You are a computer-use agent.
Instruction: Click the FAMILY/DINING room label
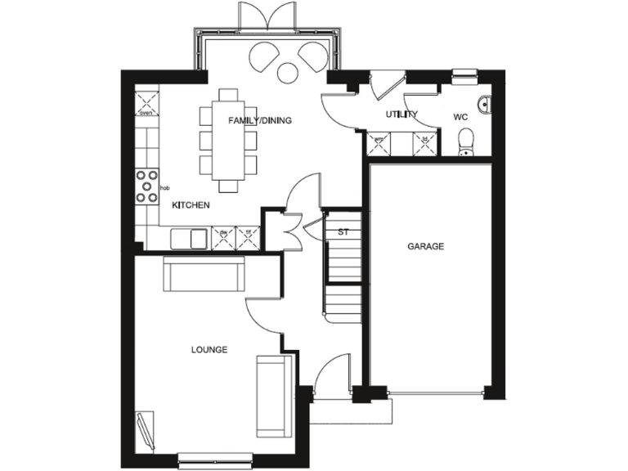point(259,120)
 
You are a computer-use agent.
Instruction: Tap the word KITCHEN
point(191,205)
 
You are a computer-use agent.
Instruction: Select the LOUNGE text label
point(209,349)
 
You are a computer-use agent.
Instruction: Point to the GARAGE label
point(426,245)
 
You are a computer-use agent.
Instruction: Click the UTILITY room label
point(401,114)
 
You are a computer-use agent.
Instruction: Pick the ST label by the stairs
point(343,232)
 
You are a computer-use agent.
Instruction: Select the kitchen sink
point(188,238)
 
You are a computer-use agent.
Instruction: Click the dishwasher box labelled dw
point(223,238)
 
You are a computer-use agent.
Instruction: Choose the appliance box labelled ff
point(247,238)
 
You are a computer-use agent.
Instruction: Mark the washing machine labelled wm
point(379,143)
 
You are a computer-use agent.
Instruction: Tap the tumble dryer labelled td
point(425,143)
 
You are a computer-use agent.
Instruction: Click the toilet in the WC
point(466,143)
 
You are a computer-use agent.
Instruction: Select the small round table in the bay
point(288,73)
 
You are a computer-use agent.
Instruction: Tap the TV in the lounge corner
point(146,429)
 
